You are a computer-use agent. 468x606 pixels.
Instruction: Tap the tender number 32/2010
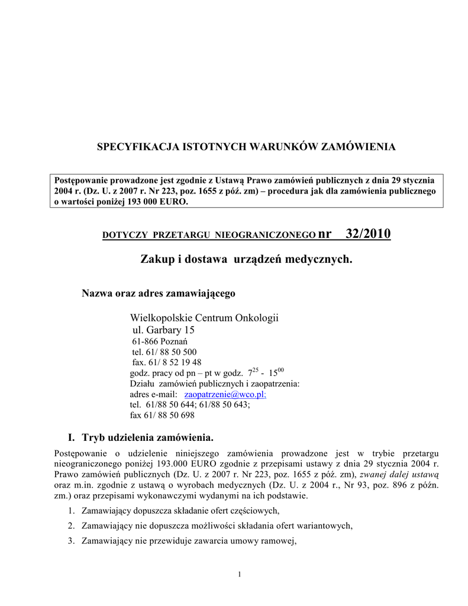click(x=368, y=234)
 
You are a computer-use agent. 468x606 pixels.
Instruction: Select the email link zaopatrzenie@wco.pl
click(x=225, y=394)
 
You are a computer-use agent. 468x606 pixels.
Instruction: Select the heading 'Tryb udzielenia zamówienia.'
click(x=147, y=437)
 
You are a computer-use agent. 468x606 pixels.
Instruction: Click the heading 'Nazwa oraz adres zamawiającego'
click(x=158, y=294)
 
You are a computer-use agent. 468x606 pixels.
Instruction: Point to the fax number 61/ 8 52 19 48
click(x=175, y=362)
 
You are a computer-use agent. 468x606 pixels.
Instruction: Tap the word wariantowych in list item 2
click(x=322, y=526)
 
